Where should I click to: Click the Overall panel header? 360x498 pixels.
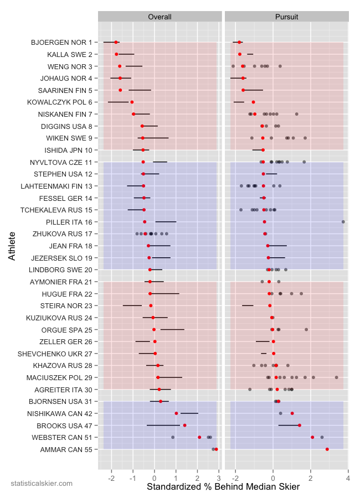coord(159,17)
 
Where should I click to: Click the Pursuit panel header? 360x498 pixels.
coord(287,17)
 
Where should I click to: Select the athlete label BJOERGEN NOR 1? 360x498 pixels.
coord(61,43)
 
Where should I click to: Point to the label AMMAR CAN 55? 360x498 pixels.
coord(66,449)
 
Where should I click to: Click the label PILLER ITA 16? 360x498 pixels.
coord(69,222)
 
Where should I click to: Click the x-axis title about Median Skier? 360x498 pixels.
coord(223,487)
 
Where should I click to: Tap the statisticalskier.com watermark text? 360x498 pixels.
coord(42,484)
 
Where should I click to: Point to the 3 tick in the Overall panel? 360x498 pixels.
coord(219,474)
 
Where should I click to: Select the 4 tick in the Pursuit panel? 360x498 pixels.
coord(348,474)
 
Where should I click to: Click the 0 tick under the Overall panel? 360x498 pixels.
coord(155,474)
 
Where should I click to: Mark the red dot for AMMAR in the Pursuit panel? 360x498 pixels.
coord(327,449)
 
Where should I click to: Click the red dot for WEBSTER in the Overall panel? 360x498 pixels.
coord(199,437)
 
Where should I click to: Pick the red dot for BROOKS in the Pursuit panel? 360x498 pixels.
coord(300,426)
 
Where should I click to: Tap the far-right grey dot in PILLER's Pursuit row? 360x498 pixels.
coord(343,222)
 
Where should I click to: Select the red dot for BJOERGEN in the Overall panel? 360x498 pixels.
coord(116,42)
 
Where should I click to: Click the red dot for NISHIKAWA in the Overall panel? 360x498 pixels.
coord(177,413)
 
